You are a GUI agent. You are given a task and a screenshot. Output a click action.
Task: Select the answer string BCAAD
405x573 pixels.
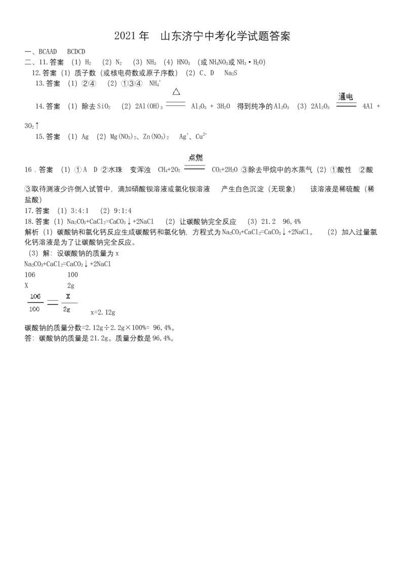48,52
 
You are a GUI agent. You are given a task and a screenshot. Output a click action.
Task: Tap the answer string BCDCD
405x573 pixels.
76,52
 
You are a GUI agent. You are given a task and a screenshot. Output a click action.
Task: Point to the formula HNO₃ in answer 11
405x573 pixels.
183,62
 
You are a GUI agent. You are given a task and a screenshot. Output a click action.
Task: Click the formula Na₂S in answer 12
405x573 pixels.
231,73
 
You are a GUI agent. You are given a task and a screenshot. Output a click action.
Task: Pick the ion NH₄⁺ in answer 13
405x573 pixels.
155,84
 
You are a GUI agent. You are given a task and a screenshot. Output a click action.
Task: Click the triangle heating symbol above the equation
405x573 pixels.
176,91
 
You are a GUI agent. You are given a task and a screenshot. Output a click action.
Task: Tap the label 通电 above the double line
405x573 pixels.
345,97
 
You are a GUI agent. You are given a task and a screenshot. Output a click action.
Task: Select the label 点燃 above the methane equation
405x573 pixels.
195,157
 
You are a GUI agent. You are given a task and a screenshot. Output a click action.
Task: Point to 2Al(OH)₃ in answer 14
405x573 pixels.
149,106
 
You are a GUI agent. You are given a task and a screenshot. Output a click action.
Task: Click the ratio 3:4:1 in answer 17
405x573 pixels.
79,211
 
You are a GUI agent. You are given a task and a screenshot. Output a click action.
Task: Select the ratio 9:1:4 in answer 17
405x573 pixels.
123,211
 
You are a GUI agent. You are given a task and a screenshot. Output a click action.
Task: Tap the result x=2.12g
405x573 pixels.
103,312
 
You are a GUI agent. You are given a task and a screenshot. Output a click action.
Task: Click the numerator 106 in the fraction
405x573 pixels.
35,296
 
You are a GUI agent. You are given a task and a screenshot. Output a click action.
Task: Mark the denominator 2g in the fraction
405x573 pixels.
66,309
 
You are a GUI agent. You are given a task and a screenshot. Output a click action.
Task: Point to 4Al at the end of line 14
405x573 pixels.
368,106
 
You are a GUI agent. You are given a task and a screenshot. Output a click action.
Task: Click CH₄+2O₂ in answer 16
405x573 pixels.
169,170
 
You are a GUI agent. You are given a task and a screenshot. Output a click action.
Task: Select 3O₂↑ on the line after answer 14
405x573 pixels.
31,126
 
